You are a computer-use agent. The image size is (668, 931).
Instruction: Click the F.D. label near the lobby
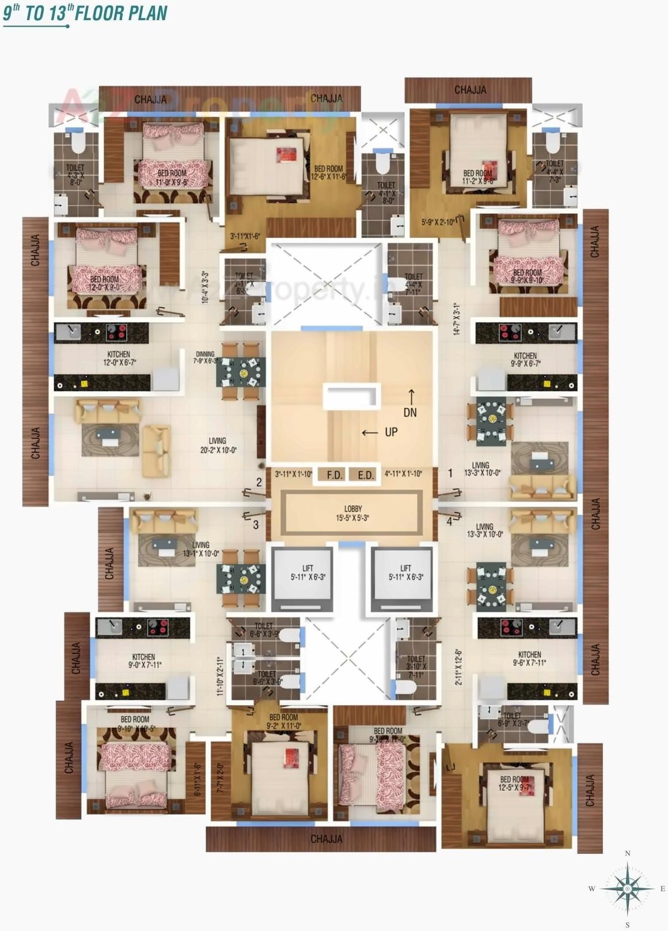coord(335,475)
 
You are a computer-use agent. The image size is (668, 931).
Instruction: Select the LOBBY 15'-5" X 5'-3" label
coord(353,513)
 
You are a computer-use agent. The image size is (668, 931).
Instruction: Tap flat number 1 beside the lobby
coord(450,474)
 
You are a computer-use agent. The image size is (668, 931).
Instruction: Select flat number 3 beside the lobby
coord(256,525)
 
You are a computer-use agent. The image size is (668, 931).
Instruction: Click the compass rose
coord(627,889)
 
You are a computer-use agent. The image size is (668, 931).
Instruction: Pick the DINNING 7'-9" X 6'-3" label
coord(205,358)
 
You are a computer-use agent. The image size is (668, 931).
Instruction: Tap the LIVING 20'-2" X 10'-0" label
coord(218,445)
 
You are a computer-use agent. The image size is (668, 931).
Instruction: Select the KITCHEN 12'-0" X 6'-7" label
coord(119,358)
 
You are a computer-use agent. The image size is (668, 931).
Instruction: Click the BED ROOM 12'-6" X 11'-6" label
coord(328,173)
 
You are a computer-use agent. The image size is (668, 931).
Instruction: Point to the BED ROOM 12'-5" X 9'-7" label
coord(514,784)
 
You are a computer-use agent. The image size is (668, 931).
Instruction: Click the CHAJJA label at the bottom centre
coord(327,839)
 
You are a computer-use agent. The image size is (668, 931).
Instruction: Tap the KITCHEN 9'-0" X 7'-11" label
coord(143,661)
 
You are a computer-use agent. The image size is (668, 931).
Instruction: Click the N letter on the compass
coord(628,853)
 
